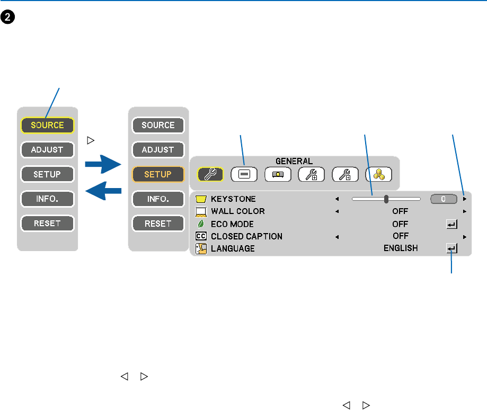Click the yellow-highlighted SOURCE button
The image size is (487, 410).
coord(47,125)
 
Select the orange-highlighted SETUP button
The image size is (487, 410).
coord(158,174)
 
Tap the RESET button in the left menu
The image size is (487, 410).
coord(47,223)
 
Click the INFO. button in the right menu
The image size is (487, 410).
coord(158,199)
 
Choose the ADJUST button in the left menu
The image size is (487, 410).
coord(47,150)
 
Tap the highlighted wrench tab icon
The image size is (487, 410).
coord(210,174)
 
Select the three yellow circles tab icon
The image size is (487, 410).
coord(378,174)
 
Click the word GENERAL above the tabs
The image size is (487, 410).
coord(294,161)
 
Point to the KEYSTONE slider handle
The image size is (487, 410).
coord(386,199)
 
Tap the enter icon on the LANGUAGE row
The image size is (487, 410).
coord(451,248)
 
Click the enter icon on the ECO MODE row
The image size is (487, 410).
coord(451,224)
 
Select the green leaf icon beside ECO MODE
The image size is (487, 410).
coord(201,224)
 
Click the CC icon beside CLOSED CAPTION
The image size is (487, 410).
coord(201,236)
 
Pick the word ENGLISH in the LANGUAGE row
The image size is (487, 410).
coord(401,248)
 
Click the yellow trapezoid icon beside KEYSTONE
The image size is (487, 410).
coord(201,199)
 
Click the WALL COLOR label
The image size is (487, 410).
coord(237,211)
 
